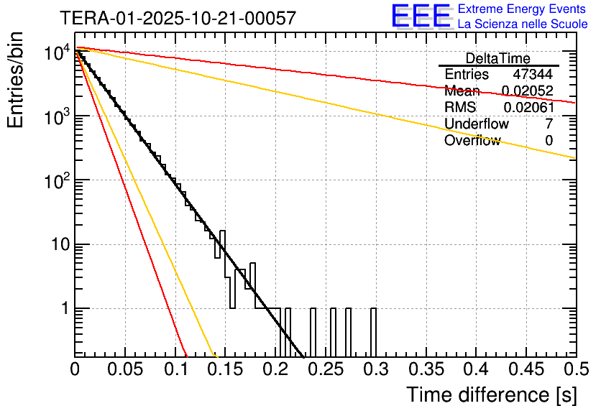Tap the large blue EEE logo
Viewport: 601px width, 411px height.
pyautogui.click(x=421, y=17)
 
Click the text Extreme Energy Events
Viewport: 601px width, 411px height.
pyautogui.click(x=522, y=9)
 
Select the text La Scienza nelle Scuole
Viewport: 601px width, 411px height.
pyautogui.click(x=522, y=24)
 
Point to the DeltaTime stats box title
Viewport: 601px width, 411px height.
pyautogui.click(x=497, y=58)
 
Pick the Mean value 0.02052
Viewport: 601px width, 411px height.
pyautogui.click(x=527, y=91)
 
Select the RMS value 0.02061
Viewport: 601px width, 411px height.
pyautogui.click(x=527, y=108)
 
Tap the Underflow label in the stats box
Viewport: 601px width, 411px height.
pyautogui.click(x=477, y=124)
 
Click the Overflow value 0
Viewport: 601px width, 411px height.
pyautogui.click(x=549, y=141)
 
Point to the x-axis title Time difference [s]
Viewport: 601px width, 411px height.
pyautogui.click(x=490, y=394)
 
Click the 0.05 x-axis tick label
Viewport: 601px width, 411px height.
pyautogui.click(x=125, y=369)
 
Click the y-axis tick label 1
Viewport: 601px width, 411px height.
pyautogui.click(x=63, y=309)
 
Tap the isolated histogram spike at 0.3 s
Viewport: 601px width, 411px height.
pyautogui.click(x=373, y=332)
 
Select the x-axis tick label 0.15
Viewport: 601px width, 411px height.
pyautogui.click(x=225, y=369)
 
